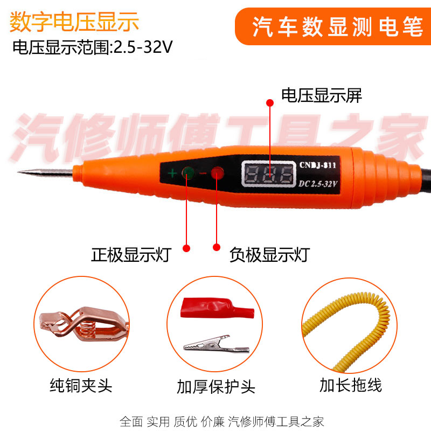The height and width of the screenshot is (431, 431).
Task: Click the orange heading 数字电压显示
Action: coord(74,23)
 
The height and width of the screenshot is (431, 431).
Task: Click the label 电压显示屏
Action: coord(322,96)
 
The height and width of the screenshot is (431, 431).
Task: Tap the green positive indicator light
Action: coord(188,173)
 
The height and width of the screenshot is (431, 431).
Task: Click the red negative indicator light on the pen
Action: coord(217,173)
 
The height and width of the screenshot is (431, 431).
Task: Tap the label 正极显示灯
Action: coord(131,254)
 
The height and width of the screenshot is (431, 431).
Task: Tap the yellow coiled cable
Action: coord(350,329)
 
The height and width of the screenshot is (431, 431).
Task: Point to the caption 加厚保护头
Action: coord(215,386)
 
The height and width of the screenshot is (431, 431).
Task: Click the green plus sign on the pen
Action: coord(172,173)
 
